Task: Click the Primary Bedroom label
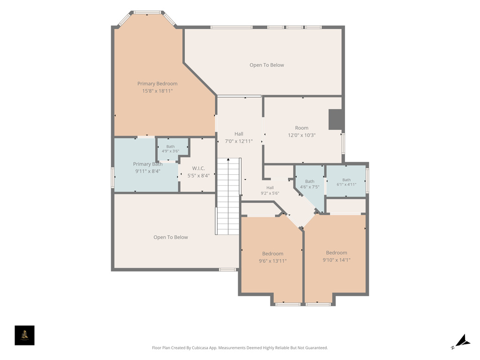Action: [157, 83]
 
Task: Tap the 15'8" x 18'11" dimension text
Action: [157, 91]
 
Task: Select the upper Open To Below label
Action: [267, 65]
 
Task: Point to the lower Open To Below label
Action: [171, 237]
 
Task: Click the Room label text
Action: [301, 128]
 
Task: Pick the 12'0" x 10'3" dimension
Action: [301, 135]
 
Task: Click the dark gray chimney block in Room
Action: [335, 120]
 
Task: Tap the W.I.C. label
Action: [198, 168]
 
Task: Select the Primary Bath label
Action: [148, 164]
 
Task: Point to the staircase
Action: [228, 196]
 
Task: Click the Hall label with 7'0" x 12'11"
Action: [239, 134]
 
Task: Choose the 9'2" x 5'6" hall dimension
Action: [270, 193]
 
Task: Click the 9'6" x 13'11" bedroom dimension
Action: [272, 261]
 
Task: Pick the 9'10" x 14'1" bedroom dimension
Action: [337, 260]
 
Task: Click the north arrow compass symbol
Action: [461, 341]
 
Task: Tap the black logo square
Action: [24, 336]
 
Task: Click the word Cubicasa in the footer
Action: [200, 348]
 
